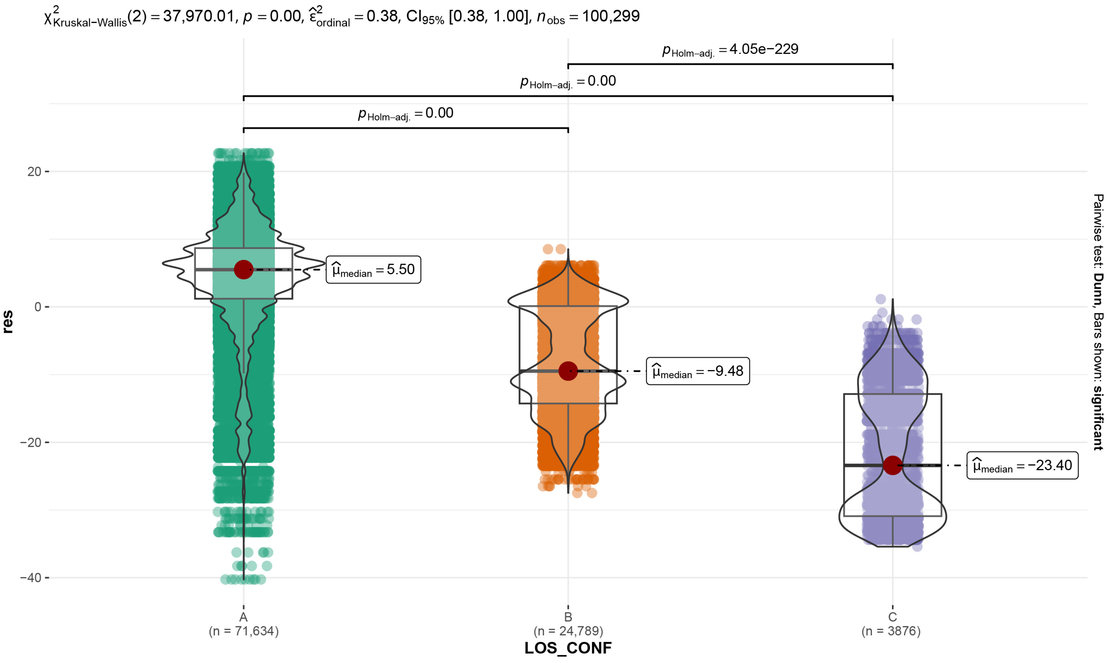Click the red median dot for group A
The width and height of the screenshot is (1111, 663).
pos(243,269)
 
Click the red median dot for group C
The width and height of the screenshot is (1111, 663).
pos(892,465)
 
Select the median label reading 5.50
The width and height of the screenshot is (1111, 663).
pos(374,269)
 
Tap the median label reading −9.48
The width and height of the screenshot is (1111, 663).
pos(698,371)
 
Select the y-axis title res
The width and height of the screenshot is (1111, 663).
pos(8,322)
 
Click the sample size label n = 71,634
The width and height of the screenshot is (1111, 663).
pos(243,631)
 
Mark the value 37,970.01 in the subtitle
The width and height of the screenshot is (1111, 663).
pos(198,16)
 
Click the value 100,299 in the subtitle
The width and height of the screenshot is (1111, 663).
pos(611,16)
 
